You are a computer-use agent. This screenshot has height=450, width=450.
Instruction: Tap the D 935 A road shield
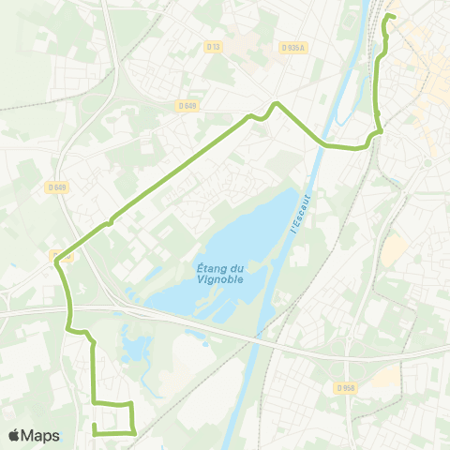click(x=292, y=47)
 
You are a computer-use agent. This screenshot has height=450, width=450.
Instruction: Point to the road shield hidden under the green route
click(x=62, y=256)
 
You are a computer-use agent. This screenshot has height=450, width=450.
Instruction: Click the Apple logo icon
click(x=14, y=435)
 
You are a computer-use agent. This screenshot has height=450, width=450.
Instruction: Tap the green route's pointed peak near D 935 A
click(x=276, y=103)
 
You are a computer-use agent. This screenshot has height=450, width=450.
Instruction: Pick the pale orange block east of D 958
click(x=385, y=377)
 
